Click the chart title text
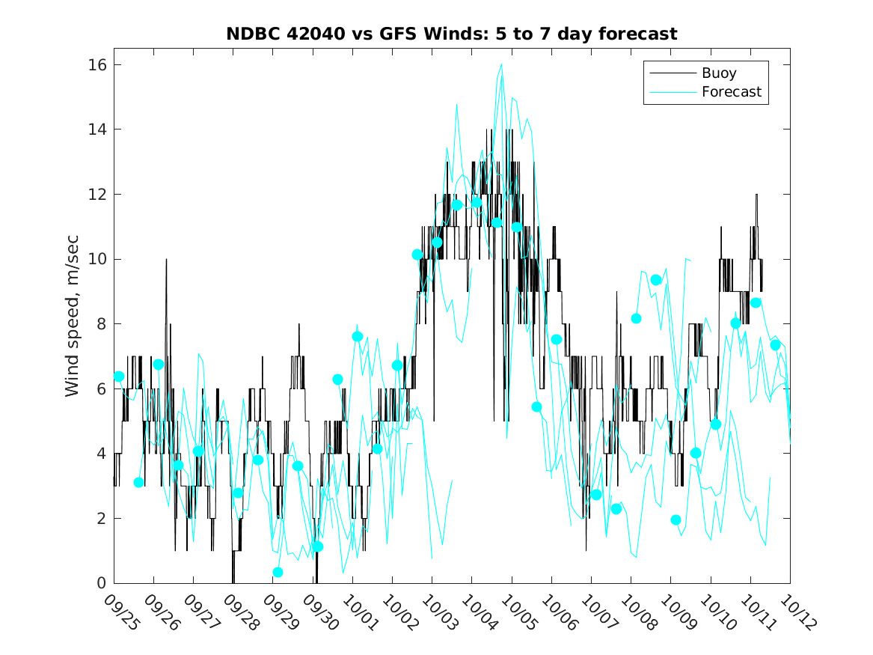(452, 34)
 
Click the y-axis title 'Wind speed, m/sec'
(73, 323)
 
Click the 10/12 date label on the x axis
(797, 612)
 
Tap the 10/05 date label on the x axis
(519, 612)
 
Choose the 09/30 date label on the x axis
(320, 612)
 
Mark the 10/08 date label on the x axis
(638, 612)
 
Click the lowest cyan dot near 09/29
(278, 572)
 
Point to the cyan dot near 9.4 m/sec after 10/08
(656, 280)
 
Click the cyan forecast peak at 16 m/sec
(500, 65)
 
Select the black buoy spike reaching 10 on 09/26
(166, 260)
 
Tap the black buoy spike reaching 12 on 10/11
(756, 195)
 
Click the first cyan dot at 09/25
(119, 377)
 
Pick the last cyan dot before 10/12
(776, 345)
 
